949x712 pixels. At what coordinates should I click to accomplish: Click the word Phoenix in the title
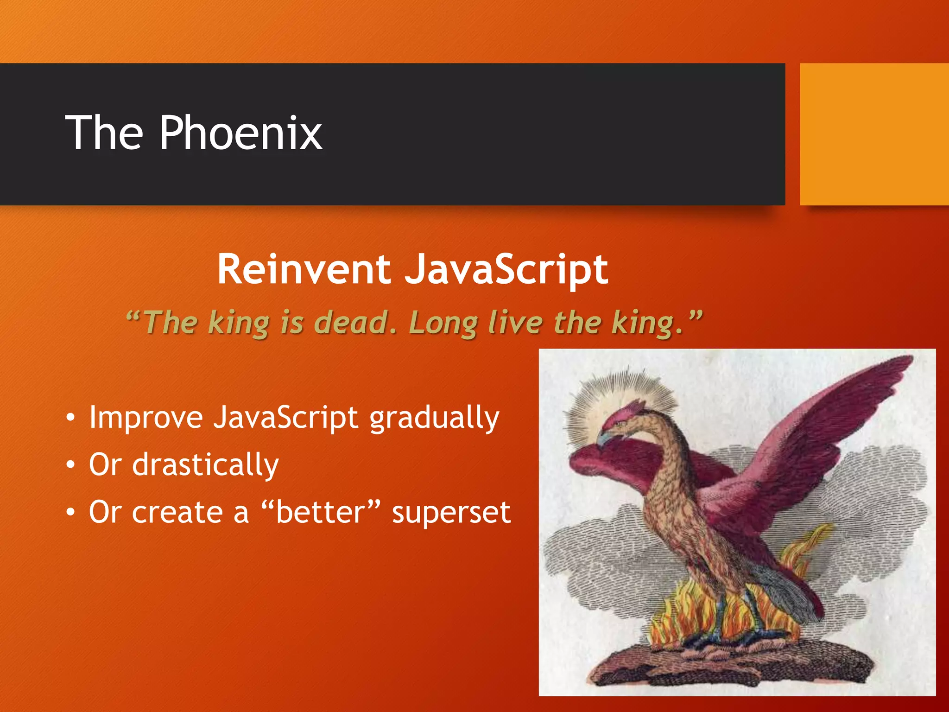coord(240,133)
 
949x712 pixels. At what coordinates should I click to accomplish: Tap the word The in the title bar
coord(104,133)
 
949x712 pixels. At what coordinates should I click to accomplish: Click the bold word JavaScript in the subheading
coord(506,270)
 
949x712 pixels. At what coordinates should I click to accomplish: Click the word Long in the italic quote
coord(443,323)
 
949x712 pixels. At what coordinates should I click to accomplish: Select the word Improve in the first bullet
coord(146,418)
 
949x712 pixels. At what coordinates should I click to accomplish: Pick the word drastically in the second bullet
coord(206,465)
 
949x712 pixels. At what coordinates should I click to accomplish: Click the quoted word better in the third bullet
coord(321,512)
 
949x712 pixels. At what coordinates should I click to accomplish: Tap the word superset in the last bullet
coord(451,513)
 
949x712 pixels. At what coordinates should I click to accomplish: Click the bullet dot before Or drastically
coord(70,465)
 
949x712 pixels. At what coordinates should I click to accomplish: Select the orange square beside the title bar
coord(874,134)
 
